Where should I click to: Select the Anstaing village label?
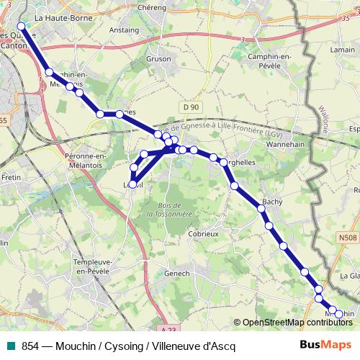(124, 30)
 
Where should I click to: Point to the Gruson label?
(158, 59)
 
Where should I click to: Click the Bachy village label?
(271, 202)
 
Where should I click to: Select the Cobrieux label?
(202, 234)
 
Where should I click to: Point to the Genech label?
(176, 274)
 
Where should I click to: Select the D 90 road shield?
(190, 107)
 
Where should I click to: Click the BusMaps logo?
(325, 345)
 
